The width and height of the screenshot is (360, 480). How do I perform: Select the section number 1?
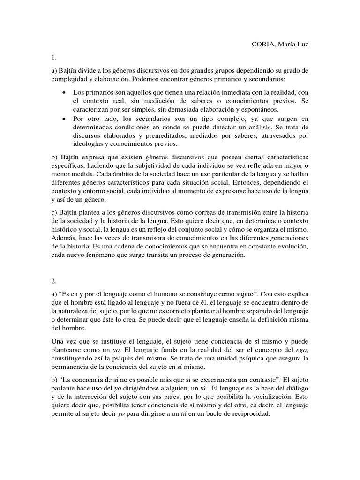(x=54, y=58)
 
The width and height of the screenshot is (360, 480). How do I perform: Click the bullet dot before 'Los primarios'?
(x=63, y=92)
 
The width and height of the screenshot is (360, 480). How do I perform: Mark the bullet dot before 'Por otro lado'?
(x=63, y=119)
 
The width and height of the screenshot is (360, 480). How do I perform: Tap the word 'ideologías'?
(x=89, y=144)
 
